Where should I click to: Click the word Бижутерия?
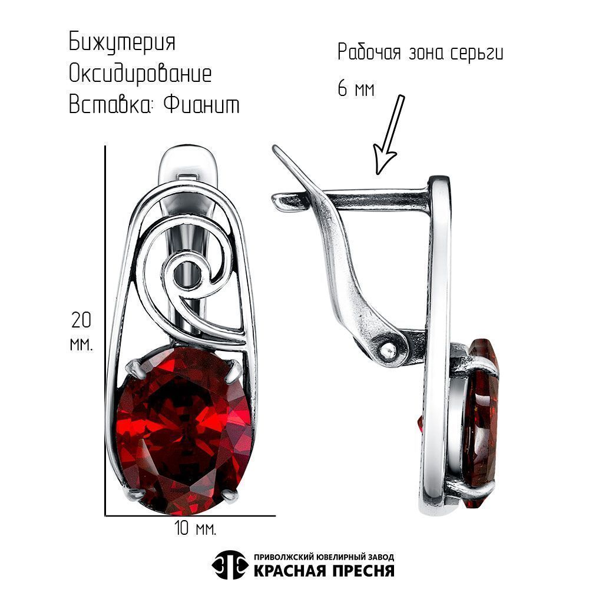point(122,42)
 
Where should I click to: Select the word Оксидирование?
point(140,74)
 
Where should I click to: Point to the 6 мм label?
point(356,90)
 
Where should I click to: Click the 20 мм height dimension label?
point(81,331)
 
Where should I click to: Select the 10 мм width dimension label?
point(196,528)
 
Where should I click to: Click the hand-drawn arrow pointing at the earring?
point(389,134)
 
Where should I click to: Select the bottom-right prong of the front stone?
point(231,496)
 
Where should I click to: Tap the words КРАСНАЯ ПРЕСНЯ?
point(324,571)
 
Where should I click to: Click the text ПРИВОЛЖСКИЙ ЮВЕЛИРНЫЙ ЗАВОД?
point(324,557)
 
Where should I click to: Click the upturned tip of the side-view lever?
point(278,150)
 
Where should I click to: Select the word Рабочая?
point(369,52)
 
